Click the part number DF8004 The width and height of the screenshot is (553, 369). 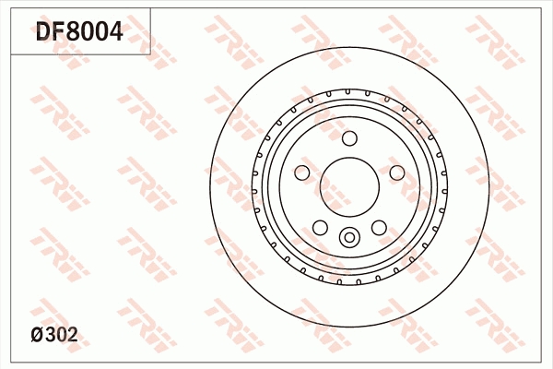(79, 31)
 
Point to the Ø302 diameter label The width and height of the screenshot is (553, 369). (54, 334)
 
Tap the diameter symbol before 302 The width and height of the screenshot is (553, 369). (36, 335)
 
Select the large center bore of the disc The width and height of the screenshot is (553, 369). (349, 187)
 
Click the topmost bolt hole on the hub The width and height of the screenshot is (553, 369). (349, 138)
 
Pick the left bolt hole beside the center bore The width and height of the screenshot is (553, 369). (302, 173)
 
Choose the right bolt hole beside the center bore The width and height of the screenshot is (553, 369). (397, 173)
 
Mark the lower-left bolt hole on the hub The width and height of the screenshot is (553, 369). (320, 228)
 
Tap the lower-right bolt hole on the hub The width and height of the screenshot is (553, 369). (379, 228)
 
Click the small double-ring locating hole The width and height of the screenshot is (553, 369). (349, 237)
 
